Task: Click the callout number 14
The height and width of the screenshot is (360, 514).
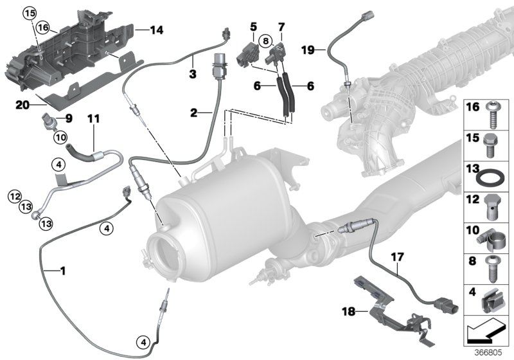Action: point(157,30)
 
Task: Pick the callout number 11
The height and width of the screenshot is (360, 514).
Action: point(94,119)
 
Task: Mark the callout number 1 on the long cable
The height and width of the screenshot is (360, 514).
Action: point(63,272)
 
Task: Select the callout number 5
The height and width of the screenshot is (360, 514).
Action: point(254,27)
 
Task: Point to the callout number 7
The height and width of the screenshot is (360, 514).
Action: point(280,27)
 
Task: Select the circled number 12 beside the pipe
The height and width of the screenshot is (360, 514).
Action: point(14,193)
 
